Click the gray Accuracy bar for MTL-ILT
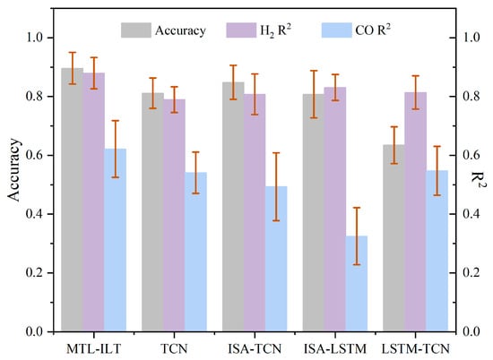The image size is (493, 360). (73, 200)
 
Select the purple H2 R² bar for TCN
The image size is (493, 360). (174, 215)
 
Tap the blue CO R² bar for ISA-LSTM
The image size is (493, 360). (357, 284)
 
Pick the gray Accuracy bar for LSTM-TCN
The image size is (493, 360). (394, 238)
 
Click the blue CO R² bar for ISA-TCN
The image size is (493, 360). (276, 259)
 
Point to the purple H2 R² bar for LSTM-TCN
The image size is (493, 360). (415, 211)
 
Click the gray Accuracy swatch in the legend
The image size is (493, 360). (136, 30)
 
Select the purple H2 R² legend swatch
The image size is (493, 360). (241, 30)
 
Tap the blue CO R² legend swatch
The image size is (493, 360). (336, 30)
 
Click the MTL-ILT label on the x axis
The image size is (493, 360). (94, 348)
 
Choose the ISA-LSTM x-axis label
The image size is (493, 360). (335, 348)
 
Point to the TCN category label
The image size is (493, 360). (174, 348)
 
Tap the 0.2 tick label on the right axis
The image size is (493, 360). (471, 272)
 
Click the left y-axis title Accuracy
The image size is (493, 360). (13, 170)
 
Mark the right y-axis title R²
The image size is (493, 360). (478, 179)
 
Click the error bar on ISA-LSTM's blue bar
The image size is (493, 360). (357, 236)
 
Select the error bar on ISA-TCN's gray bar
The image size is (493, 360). (233, 82)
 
